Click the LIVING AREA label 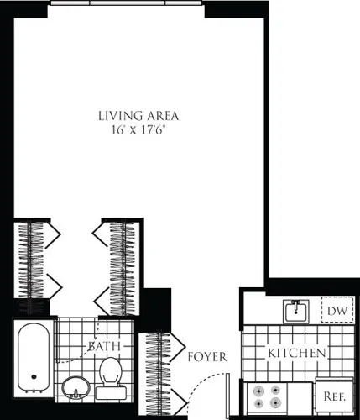point(138,115)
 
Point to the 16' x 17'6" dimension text point(138,130)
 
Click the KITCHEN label point(297,354)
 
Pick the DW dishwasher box point(337,312)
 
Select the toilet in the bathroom point(110,374)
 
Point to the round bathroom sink point(75,388)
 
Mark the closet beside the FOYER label point(156,370)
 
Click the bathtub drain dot point(33,379)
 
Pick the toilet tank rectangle point(109,391)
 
